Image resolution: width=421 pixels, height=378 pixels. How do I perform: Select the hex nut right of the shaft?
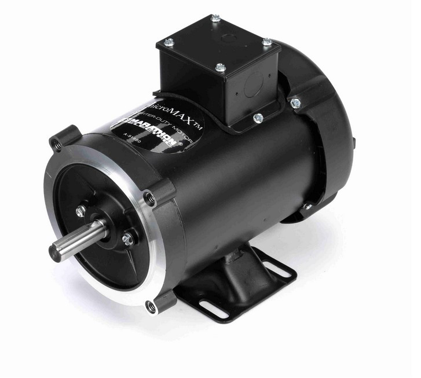click(127, 238)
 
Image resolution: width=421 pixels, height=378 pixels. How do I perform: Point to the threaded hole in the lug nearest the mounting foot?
click(152, 306)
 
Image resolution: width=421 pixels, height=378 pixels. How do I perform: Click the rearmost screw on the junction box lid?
click(215, 19)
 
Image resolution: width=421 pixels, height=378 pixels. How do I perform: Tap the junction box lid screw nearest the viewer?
click(220, 68)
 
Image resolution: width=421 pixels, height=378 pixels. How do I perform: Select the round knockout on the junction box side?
click(252, 87)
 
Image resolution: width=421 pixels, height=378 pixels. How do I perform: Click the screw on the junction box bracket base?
click(258, 118)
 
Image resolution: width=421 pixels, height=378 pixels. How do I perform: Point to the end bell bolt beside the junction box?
click(295, 102)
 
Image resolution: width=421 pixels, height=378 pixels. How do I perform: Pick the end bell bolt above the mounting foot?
click(307, 207)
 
